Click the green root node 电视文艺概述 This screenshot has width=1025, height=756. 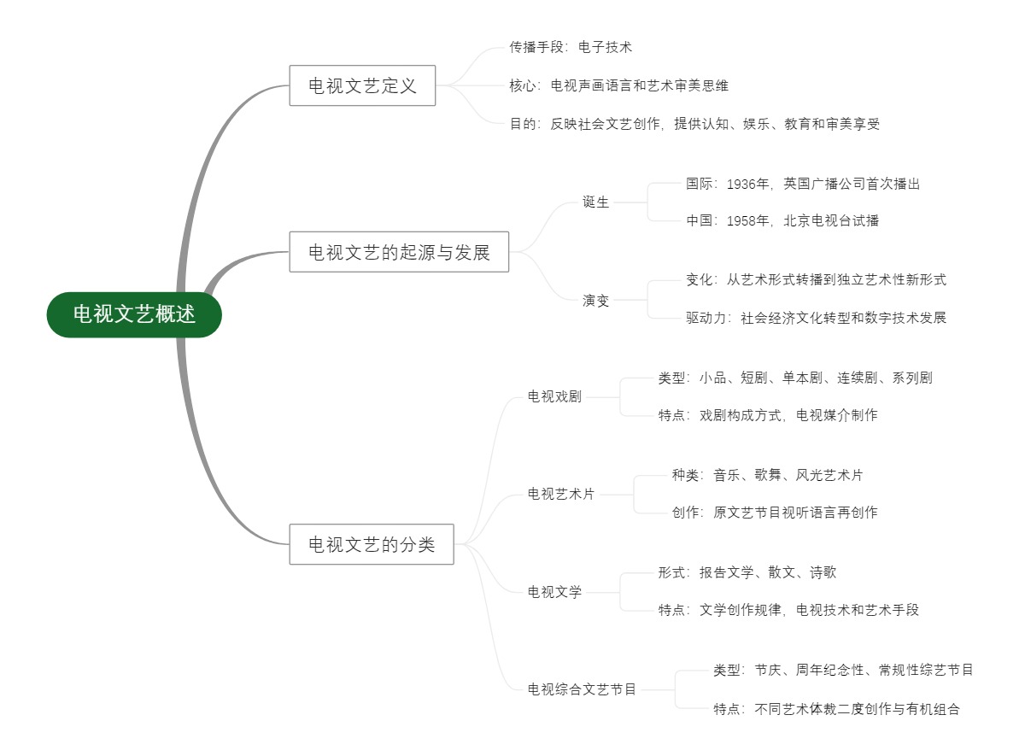[134, 314]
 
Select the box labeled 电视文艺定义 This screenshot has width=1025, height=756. [362, 85]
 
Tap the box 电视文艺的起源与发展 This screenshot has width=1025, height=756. [399, 252]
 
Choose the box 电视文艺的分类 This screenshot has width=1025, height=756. [371, 544]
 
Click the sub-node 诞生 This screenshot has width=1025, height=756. [596, 202]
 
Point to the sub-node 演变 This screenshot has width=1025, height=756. [596, 300]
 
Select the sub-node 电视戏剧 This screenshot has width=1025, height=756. [554, 396]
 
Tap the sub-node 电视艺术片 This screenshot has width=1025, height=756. [561, 494]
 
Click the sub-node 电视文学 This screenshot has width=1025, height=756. [554, 592]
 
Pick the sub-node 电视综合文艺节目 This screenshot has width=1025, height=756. [582, 689]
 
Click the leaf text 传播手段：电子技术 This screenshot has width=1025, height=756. [571, 47]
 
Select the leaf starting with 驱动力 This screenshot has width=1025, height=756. [816, 318]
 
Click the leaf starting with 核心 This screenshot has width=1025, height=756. [618, 85]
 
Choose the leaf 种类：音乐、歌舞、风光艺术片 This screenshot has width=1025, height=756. [767, 475]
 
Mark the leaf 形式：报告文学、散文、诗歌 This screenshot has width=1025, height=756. [747, 572]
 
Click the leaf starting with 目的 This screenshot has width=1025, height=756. [694, 124]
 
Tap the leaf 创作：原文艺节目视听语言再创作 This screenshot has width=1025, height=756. [774, 513]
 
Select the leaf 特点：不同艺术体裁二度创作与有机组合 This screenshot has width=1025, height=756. [836, 709]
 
